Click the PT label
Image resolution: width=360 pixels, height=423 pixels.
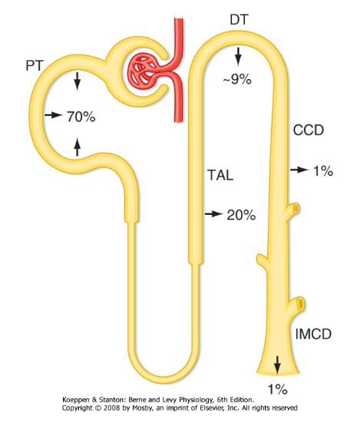coord(35,65)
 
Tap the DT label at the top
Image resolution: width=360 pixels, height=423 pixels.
coord(239,20)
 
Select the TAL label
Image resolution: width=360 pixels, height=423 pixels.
coord(220,175)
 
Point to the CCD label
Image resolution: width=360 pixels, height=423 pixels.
coord(309,130)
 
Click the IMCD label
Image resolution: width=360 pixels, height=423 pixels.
coord(313,334)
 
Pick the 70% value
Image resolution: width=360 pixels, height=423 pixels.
coord(81,117)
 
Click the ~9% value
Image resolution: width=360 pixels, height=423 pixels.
coord(237,79)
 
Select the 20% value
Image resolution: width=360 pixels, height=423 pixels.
coord(241,215)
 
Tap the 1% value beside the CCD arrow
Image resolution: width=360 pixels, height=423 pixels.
coord(323,171)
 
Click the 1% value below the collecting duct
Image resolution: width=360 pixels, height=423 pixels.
coord(277,389)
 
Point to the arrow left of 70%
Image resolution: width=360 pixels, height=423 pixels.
coord(53,115)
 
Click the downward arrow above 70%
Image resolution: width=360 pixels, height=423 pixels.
coord(78,81)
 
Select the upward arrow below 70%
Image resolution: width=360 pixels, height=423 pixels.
coord(78,147)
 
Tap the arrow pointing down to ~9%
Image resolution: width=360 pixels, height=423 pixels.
coord(238,56)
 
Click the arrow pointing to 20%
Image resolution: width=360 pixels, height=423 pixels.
coord(213,214)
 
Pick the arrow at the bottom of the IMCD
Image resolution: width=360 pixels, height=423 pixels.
coord(277,365)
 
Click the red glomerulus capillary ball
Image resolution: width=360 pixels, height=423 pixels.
coord(142,71)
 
